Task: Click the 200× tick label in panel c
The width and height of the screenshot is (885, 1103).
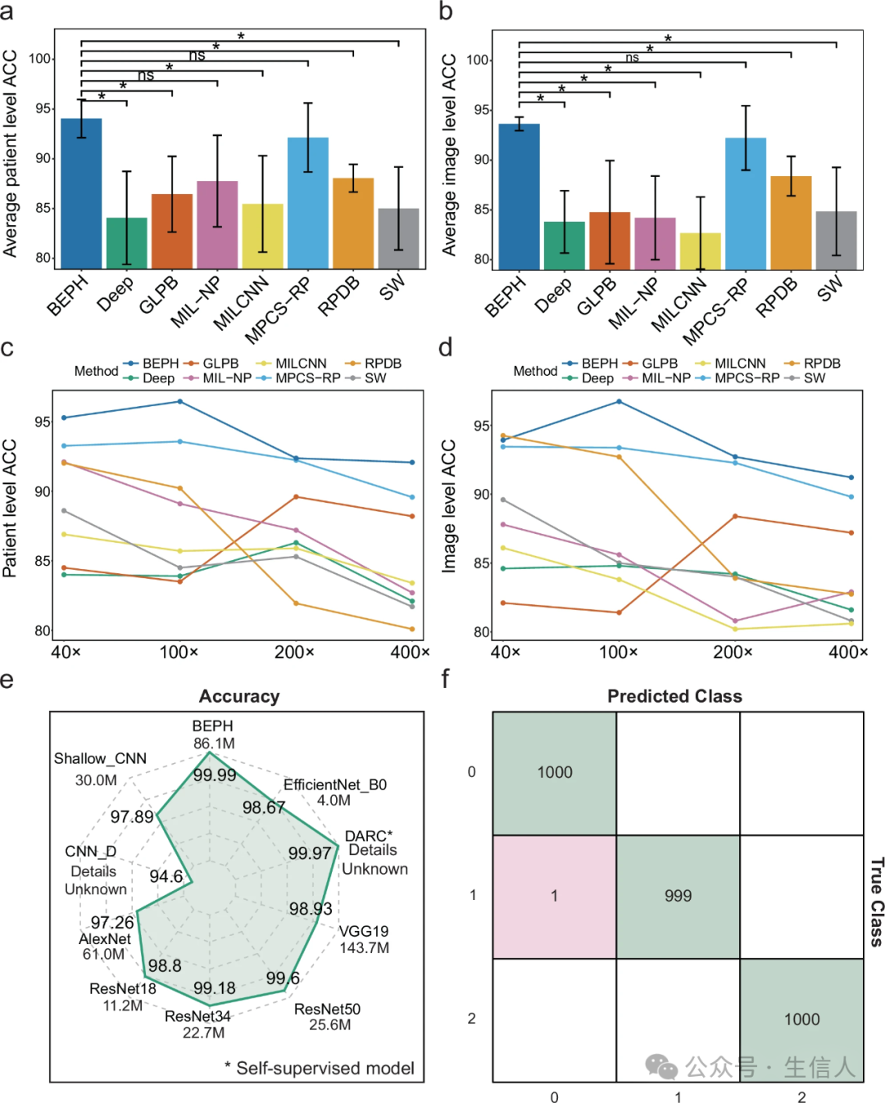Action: (x=294, y=652)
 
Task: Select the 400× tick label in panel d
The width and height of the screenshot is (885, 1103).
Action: (x=847, y=652)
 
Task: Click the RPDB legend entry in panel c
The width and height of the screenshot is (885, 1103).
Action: (x=382, y=364)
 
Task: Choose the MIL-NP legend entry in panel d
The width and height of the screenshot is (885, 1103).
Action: (x=665, y=378)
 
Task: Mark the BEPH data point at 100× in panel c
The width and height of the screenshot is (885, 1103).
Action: (x=180, y=401)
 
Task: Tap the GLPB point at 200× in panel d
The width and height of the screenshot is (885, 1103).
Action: (x=735, y=516)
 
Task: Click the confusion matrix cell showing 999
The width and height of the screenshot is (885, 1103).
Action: (x=678, y=896)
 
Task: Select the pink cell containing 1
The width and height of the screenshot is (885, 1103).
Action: (x=554, y=896)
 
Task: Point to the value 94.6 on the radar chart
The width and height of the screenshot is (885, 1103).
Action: (x=166, y=876)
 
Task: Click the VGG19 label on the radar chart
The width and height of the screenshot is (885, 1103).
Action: (x=364, y=931)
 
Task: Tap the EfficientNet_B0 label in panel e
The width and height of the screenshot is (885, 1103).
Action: (x=334, y=784)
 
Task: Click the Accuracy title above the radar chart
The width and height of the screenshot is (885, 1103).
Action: (x=239, y=696)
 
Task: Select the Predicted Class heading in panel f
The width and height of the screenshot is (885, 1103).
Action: (x=674, y=696)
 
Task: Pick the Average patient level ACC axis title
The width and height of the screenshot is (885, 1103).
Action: (x=11, y=153)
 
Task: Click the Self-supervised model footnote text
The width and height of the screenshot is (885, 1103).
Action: (x=324, y=1068)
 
